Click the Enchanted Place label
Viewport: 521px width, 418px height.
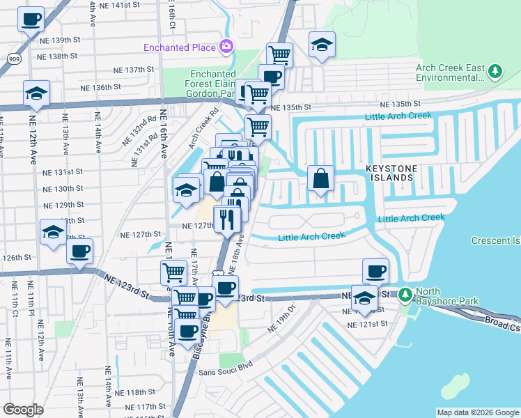click(x=179, y=47)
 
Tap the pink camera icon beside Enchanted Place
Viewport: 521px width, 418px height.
click(x=226, y=47)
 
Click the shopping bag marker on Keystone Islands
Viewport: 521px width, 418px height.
click(x=320, y=178)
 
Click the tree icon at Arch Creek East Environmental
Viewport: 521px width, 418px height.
click(x=495, y=72)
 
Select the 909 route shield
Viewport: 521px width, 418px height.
click(x=14, y=59)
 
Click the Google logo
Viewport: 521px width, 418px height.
click(x=24, y=409)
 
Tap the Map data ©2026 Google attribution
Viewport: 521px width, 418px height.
click(x=478, y=412)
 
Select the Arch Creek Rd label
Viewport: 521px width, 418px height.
click(x=203, y=125)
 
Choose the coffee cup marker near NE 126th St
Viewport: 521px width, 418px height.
click(x=80, y=251)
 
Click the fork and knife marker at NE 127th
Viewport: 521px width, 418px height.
click(x=227, y=219)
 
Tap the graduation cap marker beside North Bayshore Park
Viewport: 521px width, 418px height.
click(x=364, y=298)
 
